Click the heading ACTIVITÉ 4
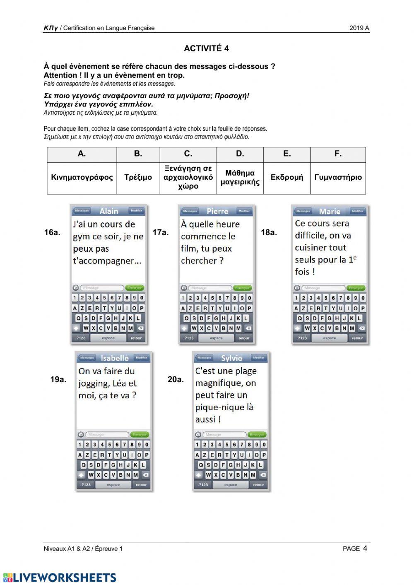click(x=206, y=48)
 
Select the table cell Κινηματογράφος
click(x=82, y=178)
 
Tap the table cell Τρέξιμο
click(x=138, y=178)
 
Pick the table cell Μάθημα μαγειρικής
click(x=240, y=178)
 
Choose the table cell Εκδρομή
click(x=286, y=178)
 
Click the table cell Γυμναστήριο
click(x=338, y=178)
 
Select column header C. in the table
click(x=188, y=154)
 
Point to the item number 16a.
click(x=52, y=233)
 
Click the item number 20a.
click(x=176, y=379)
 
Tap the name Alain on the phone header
click(x=109, y=211)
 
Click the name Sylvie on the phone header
click(x=231, y=358)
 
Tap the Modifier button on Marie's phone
click(x=357, y=211)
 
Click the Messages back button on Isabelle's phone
click(x=87, y=358)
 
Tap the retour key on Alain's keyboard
click(x=136, y=338)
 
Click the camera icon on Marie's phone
click(x=297, y=288)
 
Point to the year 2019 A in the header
click(x=359, y=28)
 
